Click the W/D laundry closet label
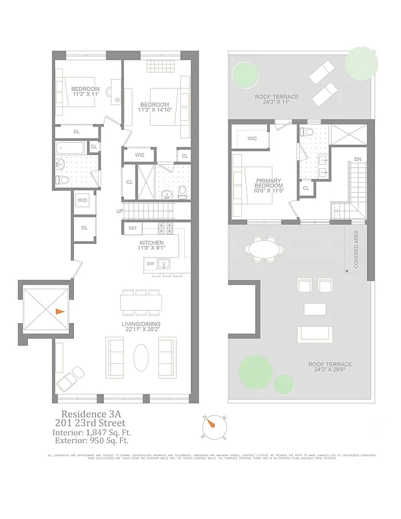click(x=82, y=200)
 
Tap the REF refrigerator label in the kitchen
click(x=132, y=228)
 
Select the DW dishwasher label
click(x=150, y=264)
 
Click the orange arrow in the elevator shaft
click(x=59, y=311)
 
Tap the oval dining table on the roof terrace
click(x=265, y=248)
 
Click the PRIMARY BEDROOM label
click(x=267, y=185)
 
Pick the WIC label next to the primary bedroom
click(x=252, y=138)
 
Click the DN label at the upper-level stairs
click(x=357, y=159)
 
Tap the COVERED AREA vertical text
click(x=356, y=248)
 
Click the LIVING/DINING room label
click(x=141, y=324)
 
